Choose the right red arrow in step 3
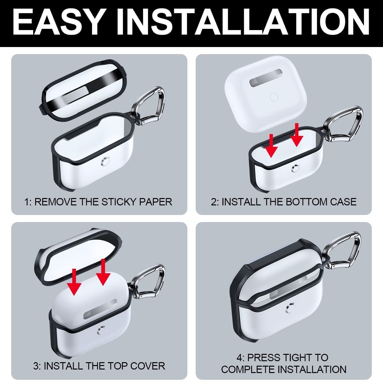pyautogui.click(x=103, y=272)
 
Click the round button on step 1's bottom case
pyautogui.click(x=105, y=160)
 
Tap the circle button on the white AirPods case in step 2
pyautogui.click(x=274, y=97)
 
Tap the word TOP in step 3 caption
pyautogui.click(x=118, y=366)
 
